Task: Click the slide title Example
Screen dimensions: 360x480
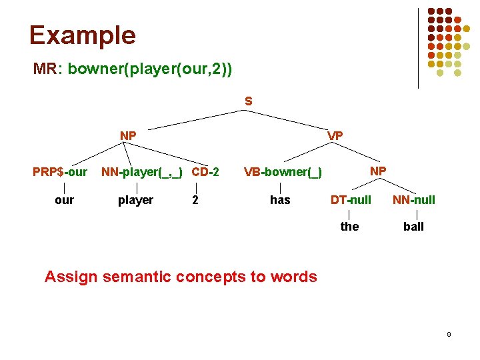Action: coord(82,35)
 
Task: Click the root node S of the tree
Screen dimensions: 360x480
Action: coord(248,102)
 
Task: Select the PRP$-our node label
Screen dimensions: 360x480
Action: coord(60,172)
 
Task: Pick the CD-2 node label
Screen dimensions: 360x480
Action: coord(205,172)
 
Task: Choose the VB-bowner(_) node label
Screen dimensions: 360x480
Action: coord(283,173)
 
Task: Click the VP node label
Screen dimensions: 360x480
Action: coord(335,136)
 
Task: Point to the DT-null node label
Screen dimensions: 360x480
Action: coord(351,199)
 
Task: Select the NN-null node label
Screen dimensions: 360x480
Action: coord(413,199)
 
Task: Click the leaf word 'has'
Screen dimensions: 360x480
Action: coord(280,200)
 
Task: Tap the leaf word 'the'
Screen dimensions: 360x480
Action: coord(349,227)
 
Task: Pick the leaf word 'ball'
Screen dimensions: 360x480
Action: coord(413,227)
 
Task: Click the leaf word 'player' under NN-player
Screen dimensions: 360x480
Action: coord(135,200)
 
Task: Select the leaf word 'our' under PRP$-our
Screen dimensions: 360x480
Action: coord(64,200)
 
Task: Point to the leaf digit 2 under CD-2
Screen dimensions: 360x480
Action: coord(195,200)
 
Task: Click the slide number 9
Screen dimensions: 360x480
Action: coord(449,333)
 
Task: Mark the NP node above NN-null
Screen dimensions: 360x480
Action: coord(378,171)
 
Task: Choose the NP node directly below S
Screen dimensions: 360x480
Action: coord(128,136)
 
